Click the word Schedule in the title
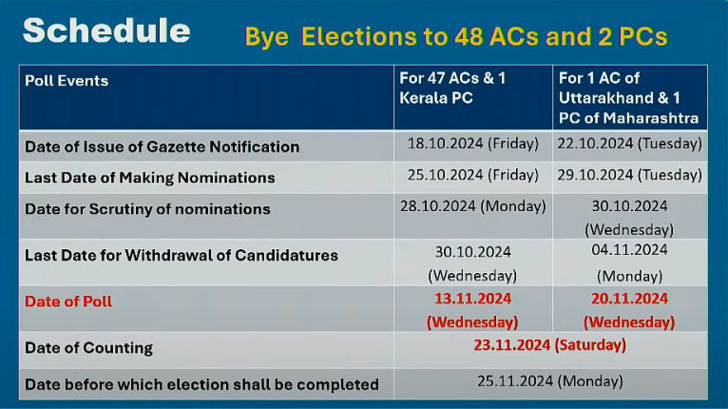pyautogui.click(x=106, y=30)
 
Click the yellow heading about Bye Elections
pyautogui.click(x=456, y=37)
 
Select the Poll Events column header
pyautogui.click(x=67, y=81)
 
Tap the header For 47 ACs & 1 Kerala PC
pyautogui.click(x=452, y=88)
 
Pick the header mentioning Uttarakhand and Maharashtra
pyautogui.click(x=628, y=98)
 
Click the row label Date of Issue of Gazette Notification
pyautogui.click(x=162, y=146)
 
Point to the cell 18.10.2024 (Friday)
pyautogui.click(x=472, y=144)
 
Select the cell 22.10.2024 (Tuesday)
pyautogui.click(x=629, y=144)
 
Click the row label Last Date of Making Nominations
pyautogui.click(x=150, y=178)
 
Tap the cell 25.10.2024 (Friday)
pyautogui.click(x=472, y=175)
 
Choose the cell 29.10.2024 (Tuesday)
pyautogui.click(x=629, y=175)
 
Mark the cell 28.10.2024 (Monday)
pyautogui.click(x=472, y=206)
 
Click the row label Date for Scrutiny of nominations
pyautogui.click(x=147, y=209)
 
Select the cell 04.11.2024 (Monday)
pyautogui.click(x=629, y=263)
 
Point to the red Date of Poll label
pyautogui.click(x=68, y=302)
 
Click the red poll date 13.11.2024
pyautogui.click(x=472, y=310)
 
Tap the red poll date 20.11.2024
pyautogui.click(x=629, y=310)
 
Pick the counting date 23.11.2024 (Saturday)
pyautogui.click(x=549, y=345)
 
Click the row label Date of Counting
pyautogui.click(x=88, y=348)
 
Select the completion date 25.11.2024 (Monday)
pyautogui.click(x=549, y=381)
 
